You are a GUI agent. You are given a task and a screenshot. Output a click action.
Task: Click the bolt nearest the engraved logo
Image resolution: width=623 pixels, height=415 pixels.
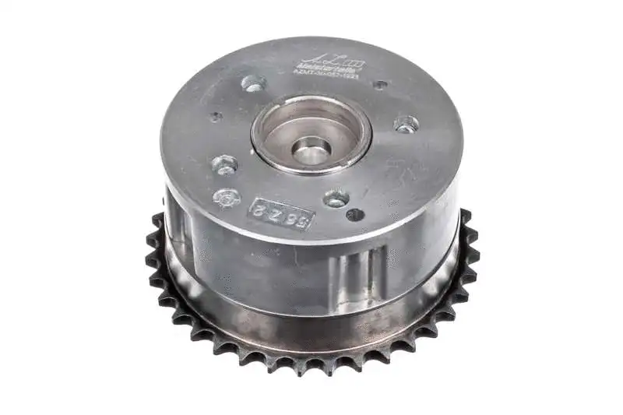pos(254,82)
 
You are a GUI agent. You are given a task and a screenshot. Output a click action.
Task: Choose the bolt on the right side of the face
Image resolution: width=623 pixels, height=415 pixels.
pos(406,123)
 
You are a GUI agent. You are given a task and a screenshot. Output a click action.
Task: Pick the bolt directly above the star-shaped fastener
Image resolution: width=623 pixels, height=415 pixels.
pos(224,164)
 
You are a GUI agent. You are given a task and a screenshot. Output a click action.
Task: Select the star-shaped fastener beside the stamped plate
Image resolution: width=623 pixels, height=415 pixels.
pos(226,197)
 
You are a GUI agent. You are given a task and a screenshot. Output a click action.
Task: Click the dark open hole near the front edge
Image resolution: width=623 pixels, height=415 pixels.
pos(355,214)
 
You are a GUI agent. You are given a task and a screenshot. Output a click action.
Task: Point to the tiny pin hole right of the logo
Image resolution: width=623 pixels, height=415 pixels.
pos(379,84)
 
